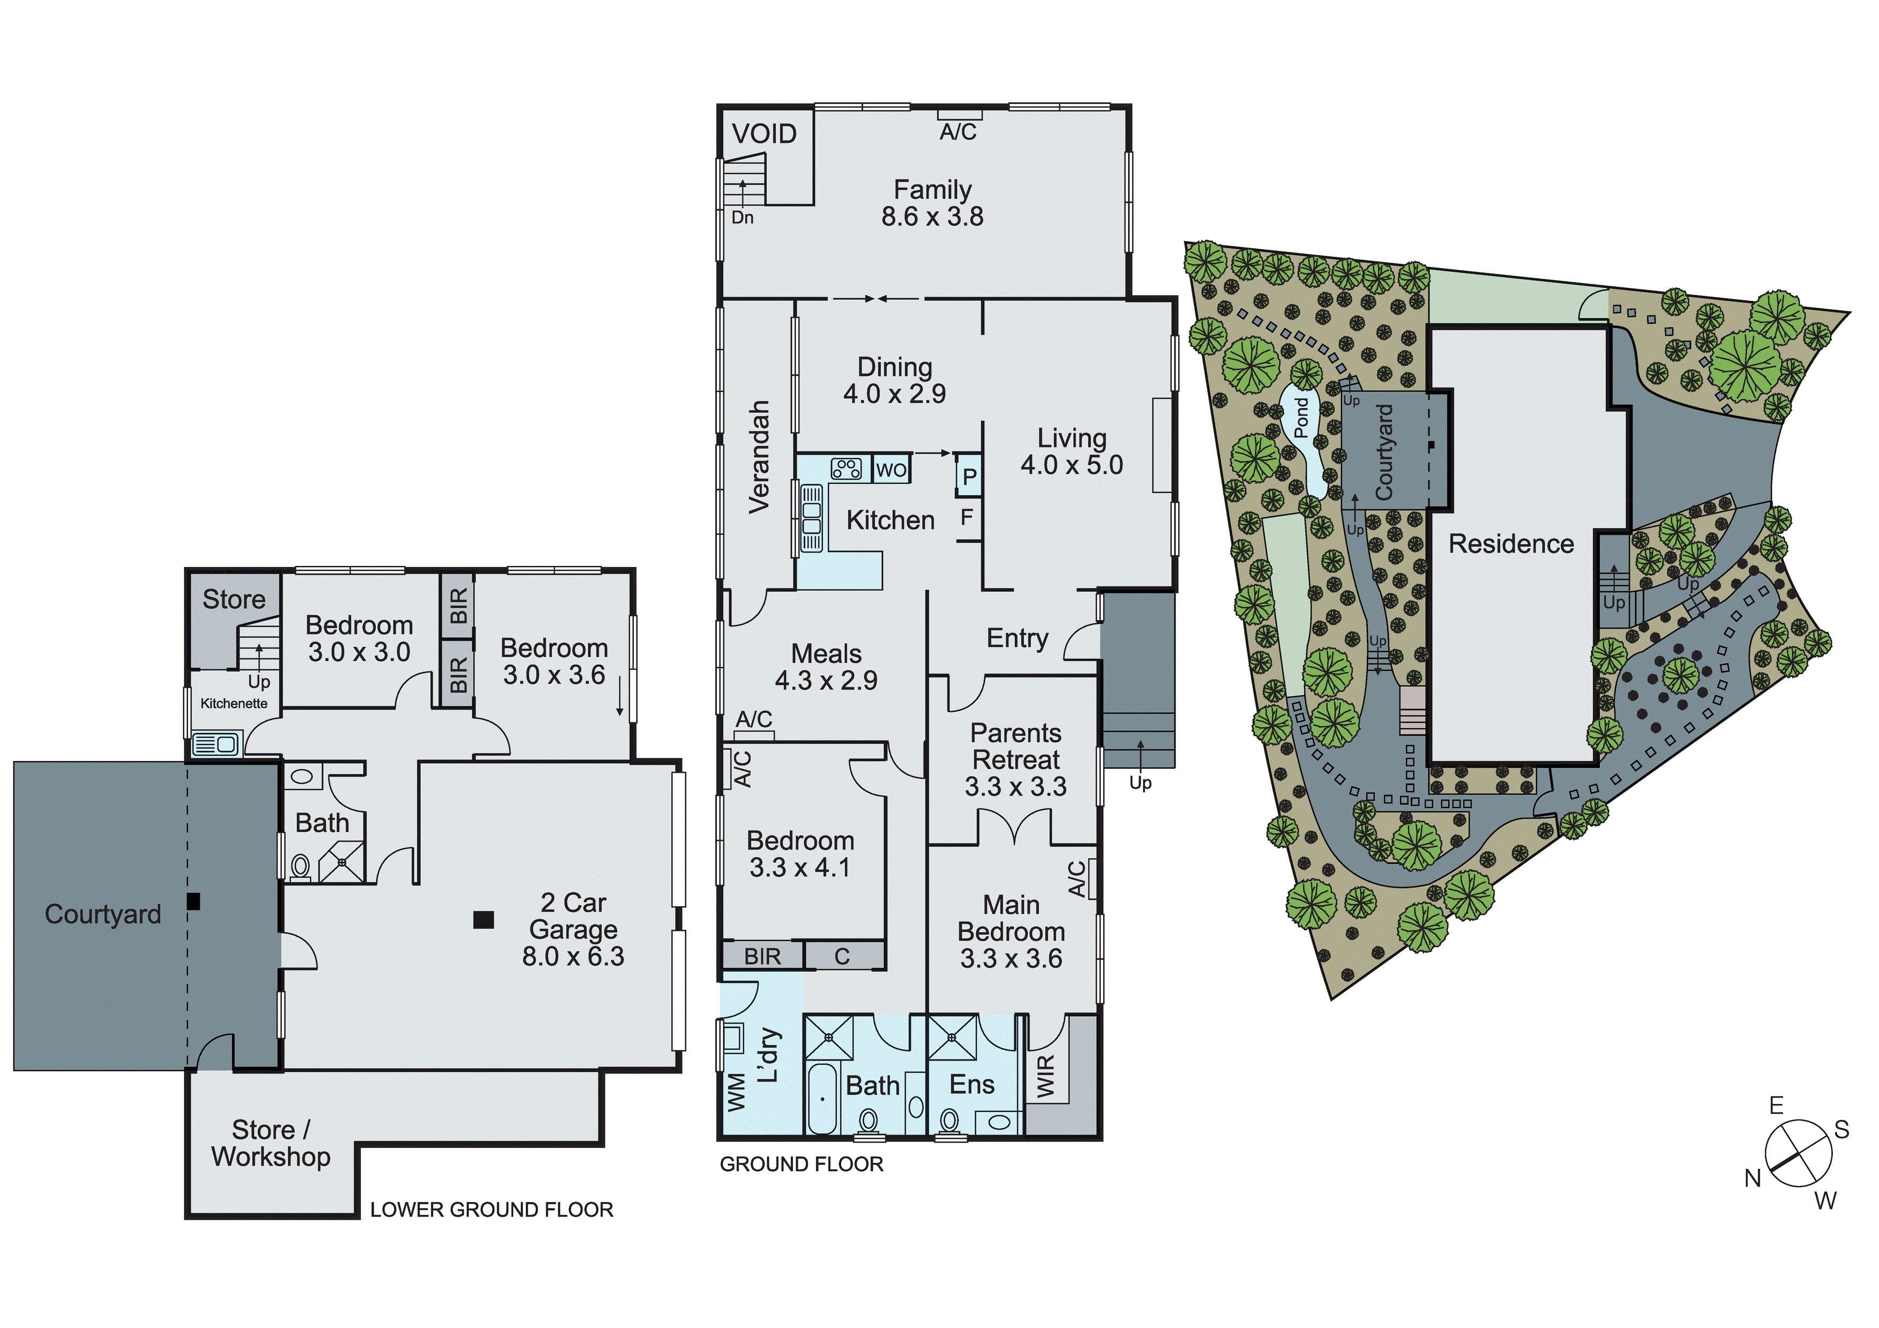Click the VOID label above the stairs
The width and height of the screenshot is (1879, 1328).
[x=763, y=133]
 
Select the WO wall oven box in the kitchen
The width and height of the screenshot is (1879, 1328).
[x=891, y=469]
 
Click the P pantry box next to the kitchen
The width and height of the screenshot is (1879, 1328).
[x=969, y=476]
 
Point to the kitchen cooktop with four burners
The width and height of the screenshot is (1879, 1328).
[x=846, y=468]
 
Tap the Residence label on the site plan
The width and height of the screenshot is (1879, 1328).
[x=1511, y=543]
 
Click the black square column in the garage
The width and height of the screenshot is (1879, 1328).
[x=484, y=920]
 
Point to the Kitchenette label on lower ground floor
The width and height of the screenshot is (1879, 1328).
[x=234, y=703]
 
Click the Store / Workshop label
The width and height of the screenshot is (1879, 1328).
[x=271, y=1143]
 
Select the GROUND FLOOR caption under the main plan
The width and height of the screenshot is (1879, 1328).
[x=801, y=1164]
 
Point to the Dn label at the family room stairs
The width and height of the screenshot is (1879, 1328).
[x=742, y=218]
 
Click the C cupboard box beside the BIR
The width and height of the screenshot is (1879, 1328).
[x=842, y=956]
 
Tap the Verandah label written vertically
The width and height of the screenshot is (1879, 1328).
[x=759, y=457]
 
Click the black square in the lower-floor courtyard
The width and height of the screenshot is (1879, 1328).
[x=193, y=901]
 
